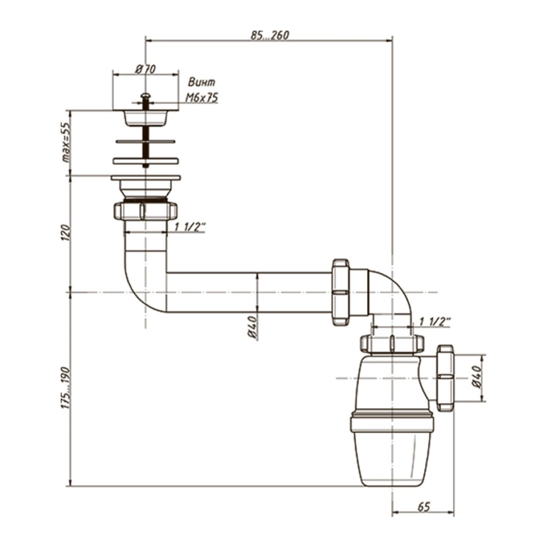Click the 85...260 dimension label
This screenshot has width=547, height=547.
coord(270,35)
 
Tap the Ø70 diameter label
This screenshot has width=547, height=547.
coord(145,69)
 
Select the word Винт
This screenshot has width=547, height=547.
coord(201,82)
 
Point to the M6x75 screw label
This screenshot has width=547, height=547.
coord(201,98)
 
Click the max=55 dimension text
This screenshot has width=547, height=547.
coord(65,142)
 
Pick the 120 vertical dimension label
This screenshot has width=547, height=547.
coord(65,232)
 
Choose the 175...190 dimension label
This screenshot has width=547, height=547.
coord(65,388)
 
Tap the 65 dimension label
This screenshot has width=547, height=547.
coord(423,507)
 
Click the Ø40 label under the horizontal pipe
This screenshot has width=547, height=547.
coord(252,327)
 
